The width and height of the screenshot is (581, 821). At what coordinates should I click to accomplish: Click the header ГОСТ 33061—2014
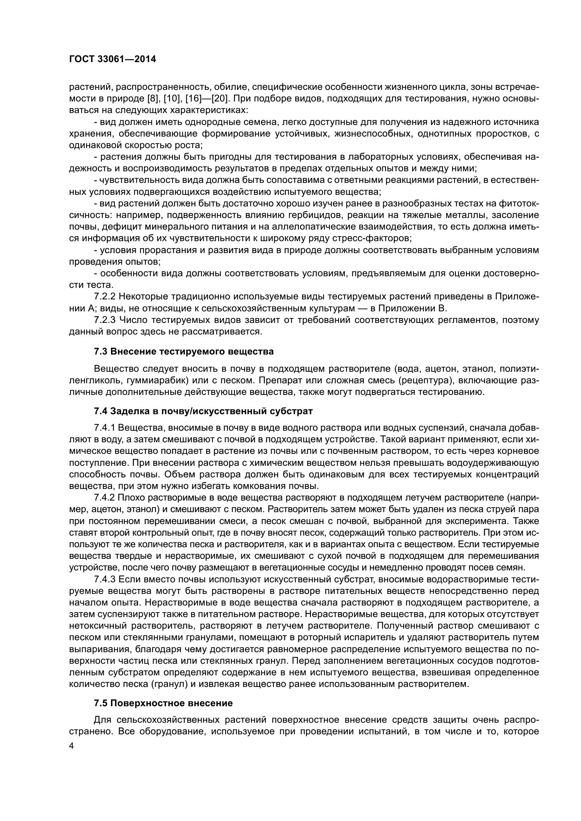(112, 59)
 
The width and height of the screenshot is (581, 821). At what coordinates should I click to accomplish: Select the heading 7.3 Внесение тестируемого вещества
(183, 351)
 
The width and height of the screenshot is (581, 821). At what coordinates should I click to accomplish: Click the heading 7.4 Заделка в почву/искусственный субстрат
(203, 411)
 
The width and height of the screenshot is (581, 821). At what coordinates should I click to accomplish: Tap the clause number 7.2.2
(104, 297)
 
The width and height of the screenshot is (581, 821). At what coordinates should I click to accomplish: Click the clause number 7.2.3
(104, 320)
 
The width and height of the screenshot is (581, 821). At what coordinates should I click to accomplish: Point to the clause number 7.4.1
(104, 428)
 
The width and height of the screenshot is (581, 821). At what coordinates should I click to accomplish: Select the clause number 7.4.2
(104, 498)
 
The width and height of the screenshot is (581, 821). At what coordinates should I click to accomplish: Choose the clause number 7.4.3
(104, 579)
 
